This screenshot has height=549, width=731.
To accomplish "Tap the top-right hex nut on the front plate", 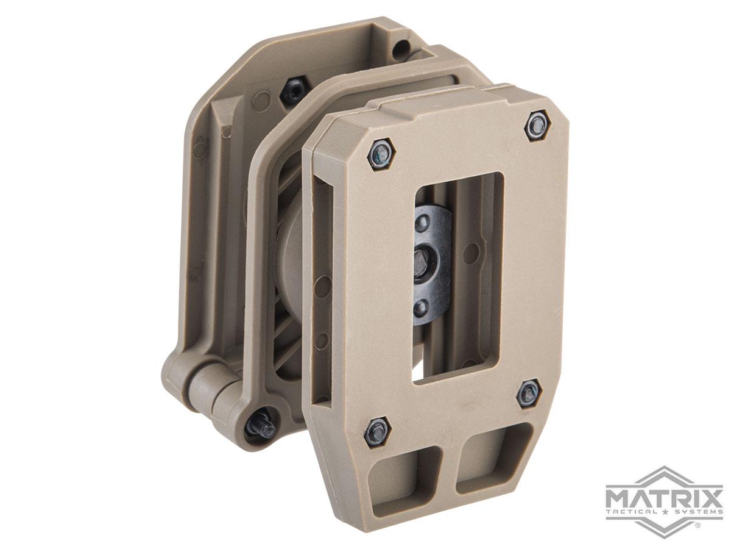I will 537,125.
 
